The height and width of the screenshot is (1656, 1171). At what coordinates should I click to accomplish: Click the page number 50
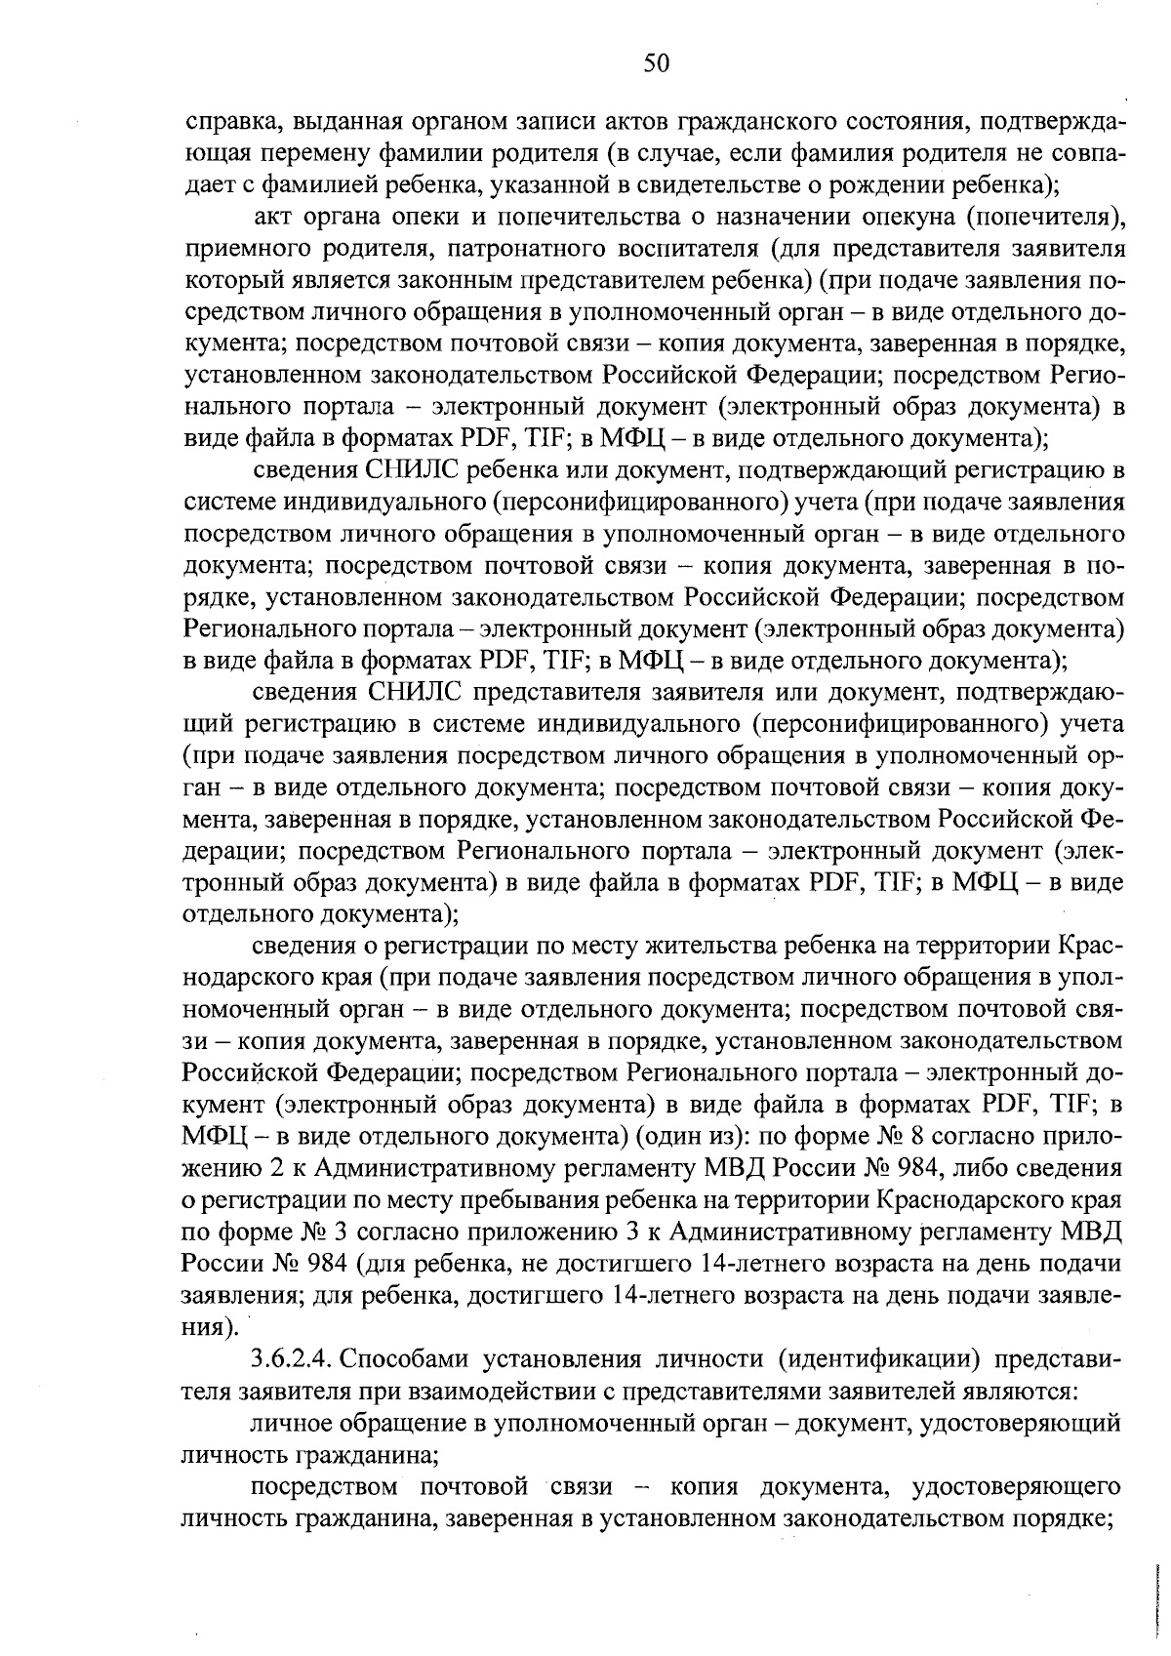click(656, 63)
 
